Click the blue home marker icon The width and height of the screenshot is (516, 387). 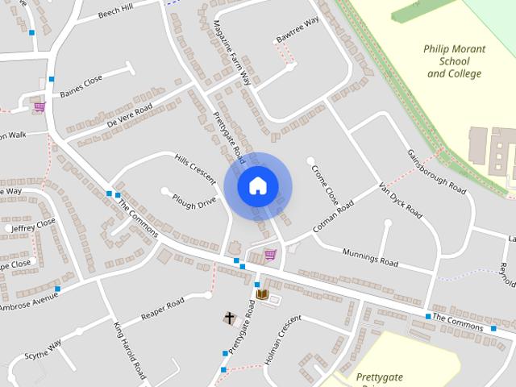(257, 185)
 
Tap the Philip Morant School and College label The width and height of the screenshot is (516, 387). (455, 61)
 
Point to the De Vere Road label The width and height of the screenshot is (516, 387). (129, 116)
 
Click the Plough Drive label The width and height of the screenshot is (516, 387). (194, 202)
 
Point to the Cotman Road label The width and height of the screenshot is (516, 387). (333, 218)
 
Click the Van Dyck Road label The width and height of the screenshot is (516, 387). (401, 200)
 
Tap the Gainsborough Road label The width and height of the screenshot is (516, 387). (437, 172)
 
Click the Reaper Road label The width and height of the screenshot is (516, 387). (163, 308)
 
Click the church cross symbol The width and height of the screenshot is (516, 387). (230, 318)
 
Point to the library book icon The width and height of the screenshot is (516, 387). (262, 295)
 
